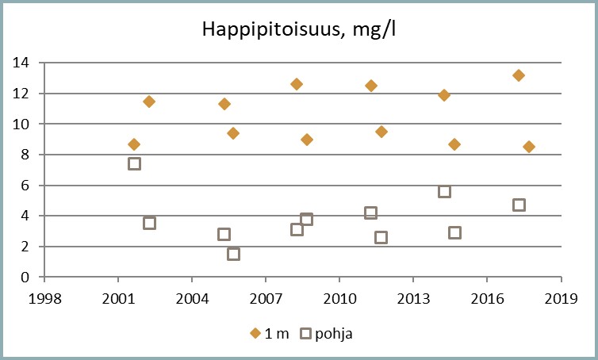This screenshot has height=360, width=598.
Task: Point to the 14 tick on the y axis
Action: click(23, 63)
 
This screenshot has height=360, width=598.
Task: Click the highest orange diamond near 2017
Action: click(519, 75)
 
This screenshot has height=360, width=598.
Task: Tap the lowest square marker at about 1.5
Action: click(233, 254)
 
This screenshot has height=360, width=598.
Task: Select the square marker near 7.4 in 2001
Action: click(134, 163)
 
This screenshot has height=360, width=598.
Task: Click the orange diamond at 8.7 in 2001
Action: click(134, 144)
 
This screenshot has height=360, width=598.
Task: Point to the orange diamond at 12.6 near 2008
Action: click(297, 84)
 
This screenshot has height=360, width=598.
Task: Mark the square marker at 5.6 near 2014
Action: click(444, 191)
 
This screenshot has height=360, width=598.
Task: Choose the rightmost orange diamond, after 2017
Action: click(529, 147)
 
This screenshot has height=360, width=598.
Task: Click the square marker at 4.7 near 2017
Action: click(519, 205)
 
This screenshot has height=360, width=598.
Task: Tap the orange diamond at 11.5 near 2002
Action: click(149, 101)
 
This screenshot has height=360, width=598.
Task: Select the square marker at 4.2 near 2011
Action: click(370, 213)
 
